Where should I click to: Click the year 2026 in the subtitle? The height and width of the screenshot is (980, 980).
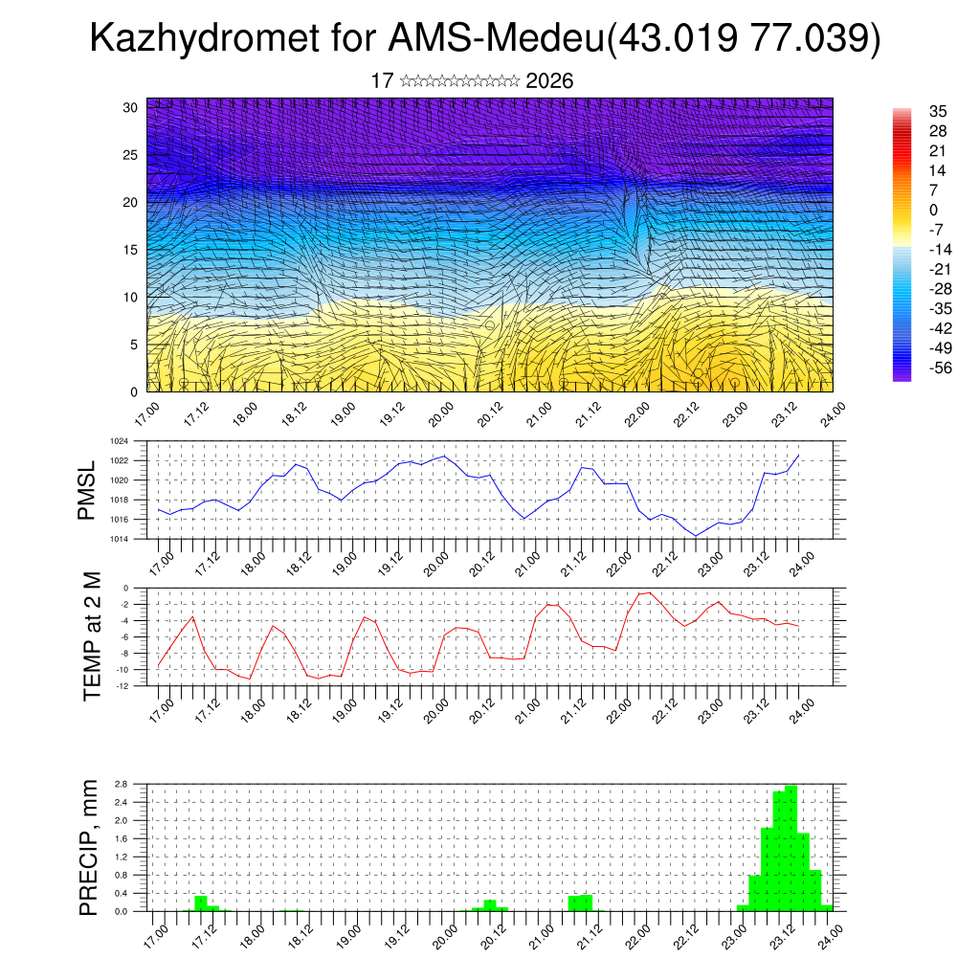[549, 81]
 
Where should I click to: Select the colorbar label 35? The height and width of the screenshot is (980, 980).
[911, 111]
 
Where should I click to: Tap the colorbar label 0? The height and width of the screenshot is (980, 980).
[906, 210]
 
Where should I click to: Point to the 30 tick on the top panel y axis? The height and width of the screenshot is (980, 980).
[131, 107]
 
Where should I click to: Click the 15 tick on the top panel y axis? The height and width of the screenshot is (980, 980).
[131, 250]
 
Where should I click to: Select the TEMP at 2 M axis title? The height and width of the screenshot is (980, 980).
[92, 635]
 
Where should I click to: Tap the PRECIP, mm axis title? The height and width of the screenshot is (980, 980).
[88, 848]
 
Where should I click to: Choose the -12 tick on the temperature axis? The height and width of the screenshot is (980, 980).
[123, 685]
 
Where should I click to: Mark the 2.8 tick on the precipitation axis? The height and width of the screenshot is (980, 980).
[122, 784]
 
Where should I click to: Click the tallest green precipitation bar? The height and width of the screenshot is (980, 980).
[791, 848]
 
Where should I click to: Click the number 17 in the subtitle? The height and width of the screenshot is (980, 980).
[381, 81]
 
